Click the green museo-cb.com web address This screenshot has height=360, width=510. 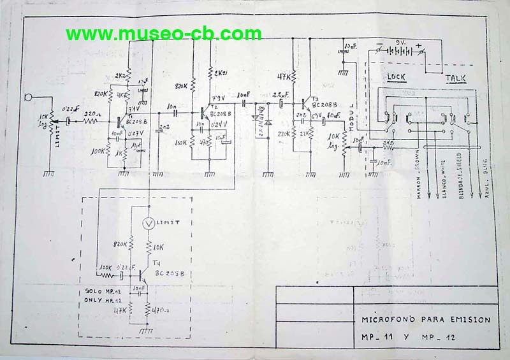163,34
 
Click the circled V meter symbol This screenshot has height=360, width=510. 149,224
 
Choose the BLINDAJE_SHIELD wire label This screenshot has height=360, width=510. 460,179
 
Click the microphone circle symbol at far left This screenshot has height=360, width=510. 28,97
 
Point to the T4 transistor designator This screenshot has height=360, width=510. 157,263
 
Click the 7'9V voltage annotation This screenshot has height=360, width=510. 219,97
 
